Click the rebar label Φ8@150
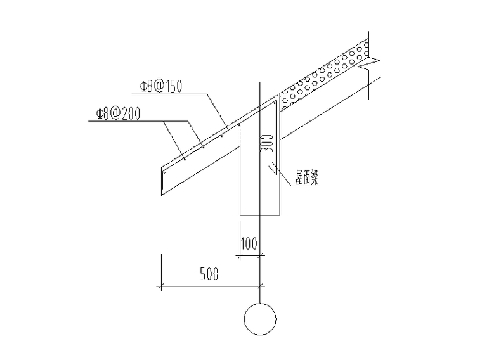point(161,86)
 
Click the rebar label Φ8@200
point(118,113)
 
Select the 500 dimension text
point(209,274)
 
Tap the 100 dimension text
point(249,243)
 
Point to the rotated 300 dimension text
point(267,143)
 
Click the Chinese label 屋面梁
point(307,178)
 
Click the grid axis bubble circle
point(260,319)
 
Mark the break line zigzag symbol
point(369,64)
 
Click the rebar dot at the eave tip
point(164,172)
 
